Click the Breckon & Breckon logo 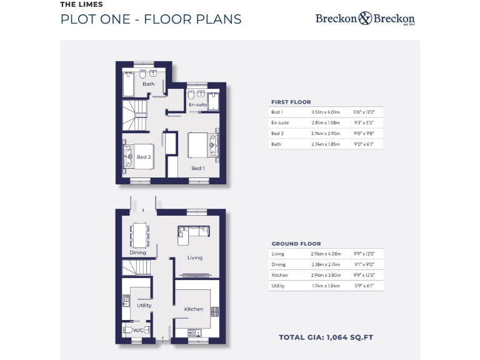point(365,19)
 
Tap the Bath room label point(149,84)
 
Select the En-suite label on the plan point(198,104)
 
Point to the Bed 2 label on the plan point(144,157)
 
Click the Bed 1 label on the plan point(197,168)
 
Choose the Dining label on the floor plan point(138,252)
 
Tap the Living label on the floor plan point(195,257)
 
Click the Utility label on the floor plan point(144,306)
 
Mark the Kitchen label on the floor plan point(194,309)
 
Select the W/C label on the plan point(138,329)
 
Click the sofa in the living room point(193,231)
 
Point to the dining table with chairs point(139,235)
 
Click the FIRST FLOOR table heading point(291,102)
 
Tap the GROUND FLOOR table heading point(296,244)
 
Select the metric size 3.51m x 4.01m point(324,112)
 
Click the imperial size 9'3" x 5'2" point(362,122)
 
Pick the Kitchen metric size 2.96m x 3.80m point(324,275)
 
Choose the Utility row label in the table point(278,286)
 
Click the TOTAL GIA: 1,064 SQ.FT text point(326,337)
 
